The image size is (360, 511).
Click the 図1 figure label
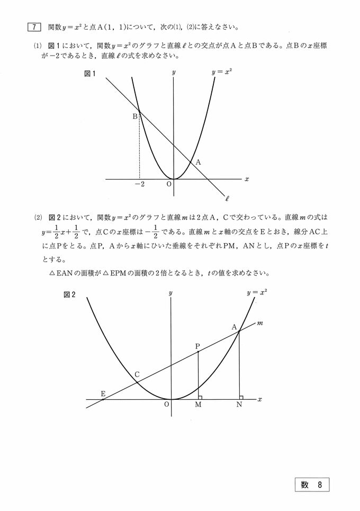click(x=89, y=74)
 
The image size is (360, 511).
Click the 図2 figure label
click(x=69, y=295)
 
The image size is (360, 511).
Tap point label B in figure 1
click(x=135, y=116)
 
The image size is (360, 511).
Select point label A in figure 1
click(x=198, y=163)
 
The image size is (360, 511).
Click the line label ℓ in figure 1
click(x=227, y=200)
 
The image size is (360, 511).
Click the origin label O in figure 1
click(x=169, y=184)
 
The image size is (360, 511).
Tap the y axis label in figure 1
click(x=174, y=71)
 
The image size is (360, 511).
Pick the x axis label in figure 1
click(x=247, y=180)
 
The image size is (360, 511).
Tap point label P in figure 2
click(x=197, y=346)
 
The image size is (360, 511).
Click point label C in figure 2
click(x=137, y=375)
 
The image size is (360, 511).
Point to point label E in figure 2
click(x=103, y=393)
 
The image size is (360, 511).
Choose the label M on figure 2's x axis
click(x=198, y=405)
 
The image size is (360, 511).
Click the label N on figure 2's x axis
click(x=240, y=405)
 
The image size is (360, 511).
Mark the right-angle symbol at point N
click(x=241, y=397)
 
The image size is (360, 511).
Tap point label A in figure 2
click(x=234, y=327)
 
